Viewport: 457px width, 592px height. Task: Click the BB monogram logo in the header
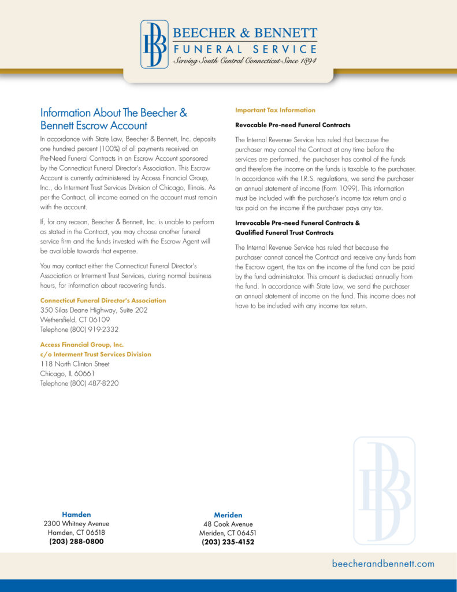tap(154, 45)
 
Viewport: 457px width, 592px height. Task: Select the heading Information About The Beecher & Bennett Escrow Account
tap(114, 119)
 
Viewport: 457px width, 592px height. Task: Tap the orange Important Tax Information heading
tap(275, 110)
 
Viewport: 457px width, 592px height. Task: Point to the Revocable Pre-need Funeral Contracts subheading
tap(292, 125)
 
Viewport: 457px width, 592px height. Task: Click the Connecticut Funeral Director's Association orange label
tap(103, 301)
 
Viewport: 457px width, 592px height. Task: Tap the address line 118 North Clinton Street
tap(75, 364)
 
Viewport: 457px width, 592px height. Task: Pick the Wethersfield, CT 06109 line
tap(74, 320)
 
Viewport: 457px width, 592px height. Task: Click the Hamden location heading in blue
tap(76, 514)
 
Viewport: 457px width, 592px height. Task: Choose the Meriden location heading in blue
tap(228, 515)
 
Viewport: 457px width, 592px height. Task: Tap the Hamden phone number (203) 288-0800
tap(76, 542)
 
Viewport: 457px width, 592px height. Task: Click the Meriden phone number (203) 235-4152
tap(228, 542)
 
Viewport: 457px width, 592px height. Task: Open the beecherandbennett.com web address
tap(383, 564)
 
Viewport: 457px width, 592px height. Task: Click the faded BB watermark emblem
tap(384, 491)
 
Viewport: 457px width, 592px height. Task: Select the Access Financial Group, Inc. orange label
tap(82, 345)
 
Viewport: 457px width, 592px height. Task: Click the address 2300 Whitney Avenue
tap(76, 524)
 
